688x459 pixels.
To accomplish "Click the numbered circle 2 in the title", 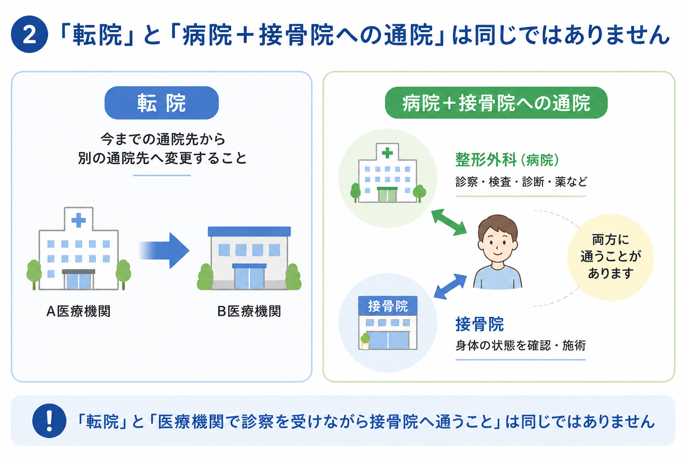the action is [30, 34].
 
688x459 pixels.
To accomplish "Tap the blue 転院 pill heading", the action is [162, 103].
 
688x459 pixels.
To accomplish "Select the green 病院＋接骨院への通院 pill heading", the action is [496, 103].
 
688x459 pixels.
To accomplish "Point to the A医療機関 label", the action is [78, 311].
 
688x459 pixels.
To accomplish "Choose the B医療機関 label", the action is [249, 311].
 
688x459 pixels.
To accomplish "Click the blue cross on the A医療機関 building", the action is [79, 220].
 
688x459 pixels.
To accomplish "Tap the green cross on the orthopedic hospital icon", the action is [387, 152].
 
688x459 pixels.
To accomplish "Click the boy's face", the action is [498, 243].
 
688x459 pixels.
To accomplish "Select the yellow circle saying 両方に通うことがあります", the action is [611, 257].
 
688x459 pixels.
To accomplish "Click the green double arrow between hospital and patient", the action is [449, 222].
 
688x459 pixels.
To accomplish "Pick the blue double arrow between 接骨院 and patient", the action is [450, 286].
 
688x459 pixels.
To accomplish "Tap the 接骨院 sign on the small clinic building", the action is [388, 306].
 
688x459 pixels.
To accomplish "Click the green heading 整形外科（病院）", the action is [507, 160].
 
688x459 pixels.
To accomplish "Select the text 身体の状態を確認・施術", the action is [520, 345].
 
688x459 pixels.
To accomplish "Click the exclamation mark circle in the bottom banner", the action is [49, 420].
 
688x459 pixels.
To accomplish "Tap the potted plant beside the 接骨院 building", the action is [365, 341].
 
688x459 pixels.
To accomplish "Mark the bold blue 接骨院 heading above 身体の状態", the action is [479, 324].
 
